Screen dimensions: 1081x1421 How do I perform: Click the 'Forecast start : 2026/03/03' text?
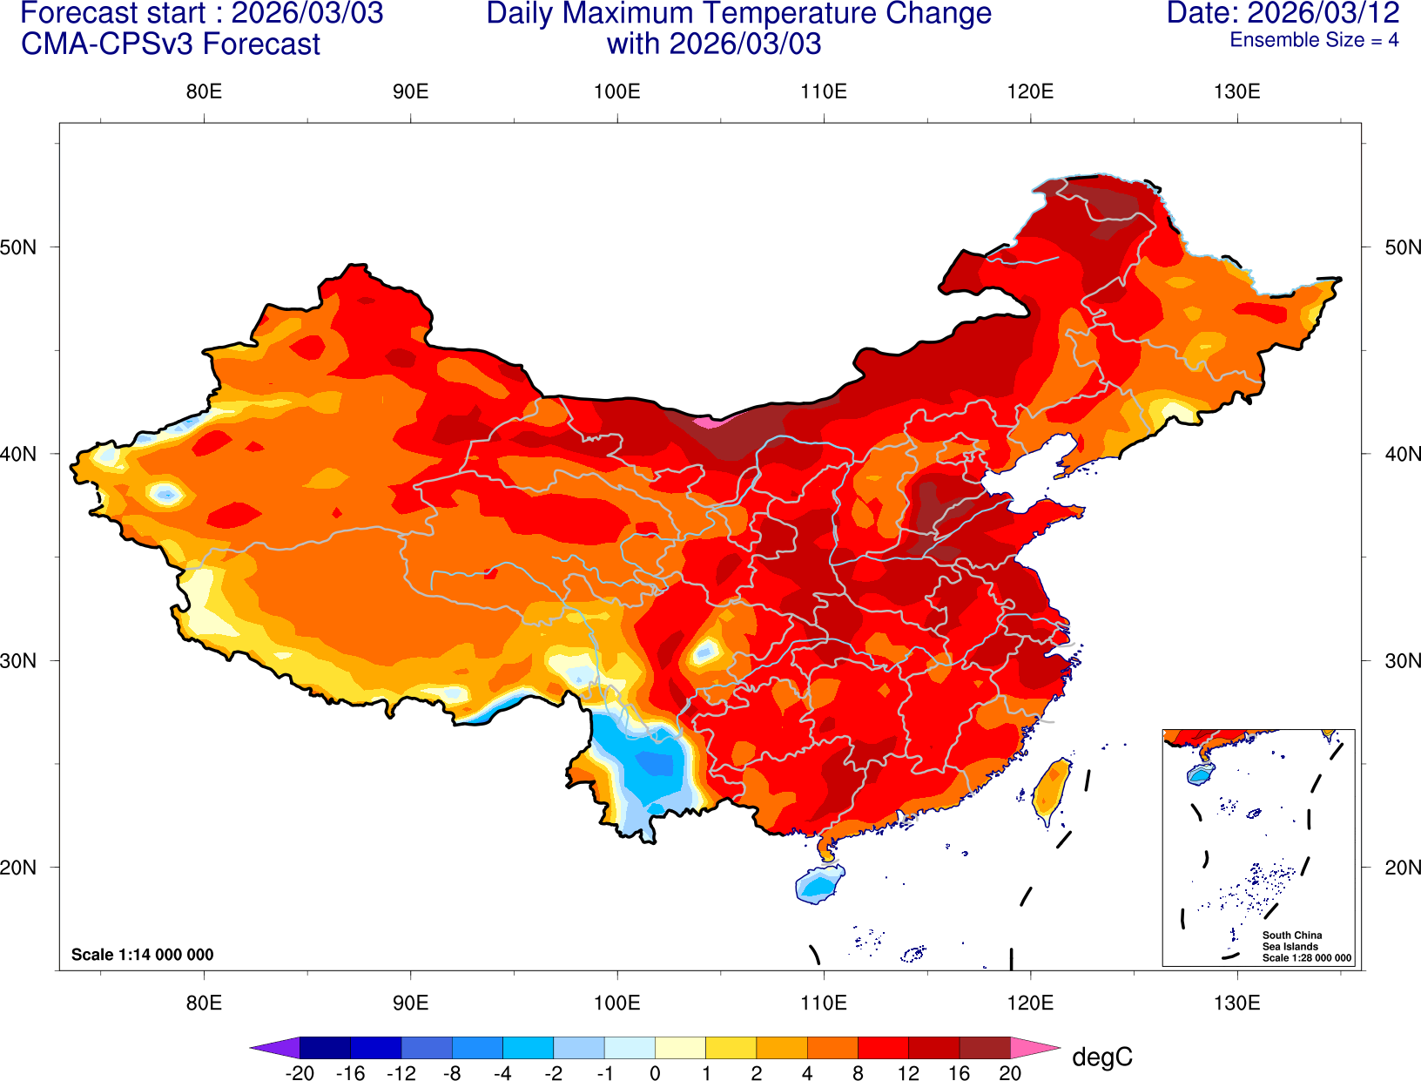point(201,14)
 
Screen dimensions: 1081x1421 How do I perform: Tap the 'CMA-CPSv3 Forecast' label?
point(171,44)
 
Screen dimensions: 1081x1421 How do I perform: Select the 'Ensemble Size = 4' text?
point(1314,40)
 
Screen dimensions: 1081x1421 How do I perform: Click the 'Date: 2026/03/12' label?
point(1283,13)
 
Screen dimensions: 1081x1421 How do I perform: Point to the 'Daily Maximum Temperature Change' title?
point(738,14)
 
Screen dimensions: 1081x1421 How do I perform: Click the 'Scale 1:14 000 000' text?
point(142,955)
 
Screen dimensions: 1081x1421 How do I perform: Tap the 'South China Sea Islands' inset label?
point(1291,941)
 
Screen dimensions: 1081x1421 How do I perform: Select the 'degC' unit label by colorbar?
point(1102,1057)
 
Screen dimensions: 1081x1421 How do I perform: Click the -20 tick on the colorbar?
point(300,1073)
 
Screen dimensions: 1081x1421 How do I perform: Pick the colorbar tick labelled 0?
point(655,1073)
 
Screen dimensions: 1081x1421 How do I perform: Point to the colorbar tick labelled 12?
point(908,1073)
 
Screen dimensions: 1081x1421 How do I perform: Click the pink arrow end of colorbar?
point(1034,1047)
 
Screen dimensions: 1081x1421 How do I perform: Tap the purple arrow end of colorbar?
point(275,1047)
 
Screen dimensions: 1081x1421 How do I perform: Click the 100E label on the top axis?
point(616,92)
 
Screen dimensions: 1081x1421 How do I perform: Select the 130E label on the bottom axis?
point(1236,1003)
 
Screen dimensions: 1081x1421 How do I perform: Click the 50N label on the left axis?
point(19,247)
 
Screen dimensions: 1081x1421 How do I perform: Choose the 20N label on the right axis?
point(1402,868)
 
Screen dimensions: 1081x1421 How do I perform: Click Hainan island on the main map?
point(819,885)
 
